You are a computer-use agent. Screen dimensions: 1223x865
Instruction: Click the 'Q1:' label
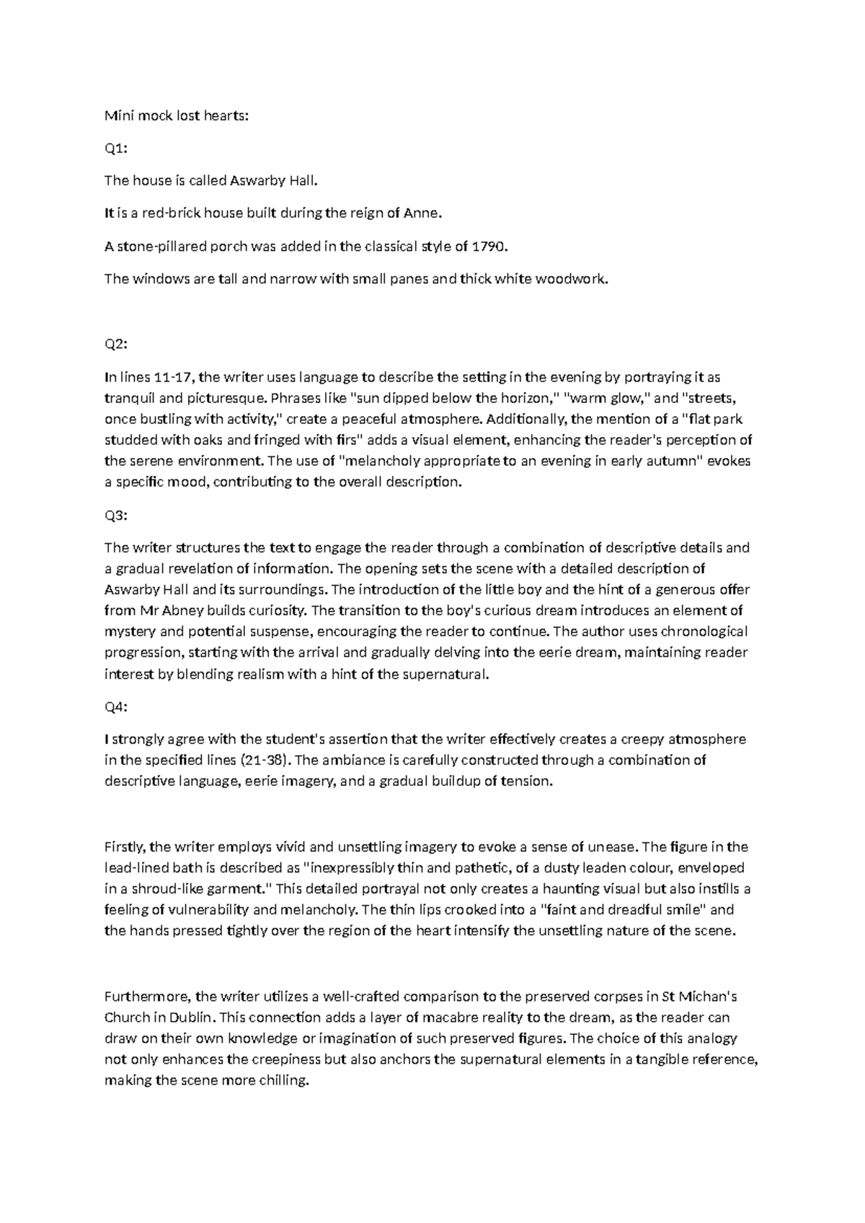click(x=115, y=149)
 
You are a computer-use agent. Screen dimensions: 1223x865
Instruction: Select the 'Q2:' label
click(x=115, y=345)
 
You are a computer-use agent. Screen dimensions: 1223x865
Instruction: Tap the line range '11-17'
click(x=173, y=377)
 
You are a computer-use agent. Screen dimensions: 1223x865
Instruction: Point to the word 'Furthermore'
click(x=147, y=997)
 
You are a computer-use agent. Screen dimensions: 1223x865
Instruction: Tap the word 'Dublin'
click(x=192, y=1017)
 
